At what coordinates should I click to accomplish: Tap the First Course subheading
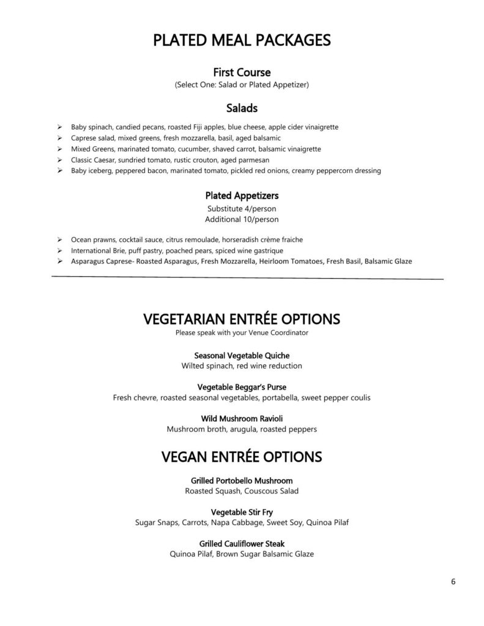[242, 73]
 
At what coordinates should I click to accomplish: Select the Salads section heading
[242, 108]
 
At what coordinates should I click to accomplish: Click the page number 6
[453, 581]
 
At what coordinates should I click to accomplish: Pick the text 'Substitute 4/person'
[242, 208]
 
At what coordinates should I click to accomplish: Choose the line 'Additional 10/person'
[242, 219]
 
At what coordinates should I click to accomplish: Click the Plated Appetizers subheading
[242, 196]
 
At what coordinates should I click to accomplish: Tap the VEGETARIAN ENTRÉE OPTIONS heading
[242, 319]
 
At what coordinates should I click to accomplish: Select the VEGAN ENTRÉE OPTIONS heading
[242, 457]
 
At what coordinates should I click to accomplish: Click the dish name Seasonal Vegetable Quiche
[242, 355]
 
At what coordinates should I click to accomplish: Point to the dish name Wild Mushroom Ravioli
[242, 419]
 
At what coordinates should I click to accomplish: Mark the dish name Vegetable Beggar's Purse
[242, 387]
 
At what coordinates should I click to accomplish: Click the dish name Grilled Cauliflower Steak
[242, 543]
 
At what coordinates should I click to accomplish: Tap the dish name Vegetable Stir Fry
[242, 512]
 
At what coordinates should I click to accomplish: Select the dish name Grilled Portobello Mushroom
[242, 481]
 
